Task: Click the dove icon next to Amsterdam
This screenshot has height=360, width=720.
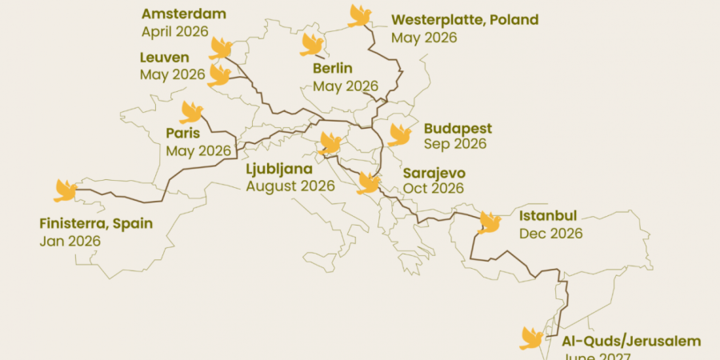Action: [x=220, y=48]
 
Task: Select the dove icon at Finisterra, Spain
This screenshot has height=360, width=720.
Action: [x=65, y=190]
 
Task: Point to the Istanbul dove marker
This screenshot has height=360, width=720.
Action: [x=489, y=222]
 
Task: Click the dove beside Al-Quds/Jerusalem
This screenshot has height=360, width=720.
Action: [x=531, y=338]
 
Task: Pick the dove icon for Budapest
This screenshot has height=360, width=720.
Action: [x=398, y=134]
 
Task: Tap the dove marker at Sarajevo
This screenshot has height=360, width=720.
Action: [x=368, y=183]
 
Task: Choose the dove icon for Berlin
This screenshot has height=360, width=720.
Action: [x=311, y=45]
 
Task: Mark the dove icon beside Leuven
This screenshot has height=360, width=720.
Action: [x=218, y=76]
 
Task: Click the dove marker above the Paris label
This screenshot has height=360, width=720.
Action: [x=191, y=112]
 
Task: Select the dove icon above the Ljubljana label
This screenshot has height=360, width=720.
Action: [x=329, y=143]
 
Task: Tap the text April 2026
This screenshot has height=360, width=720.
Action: [x=174, y=32]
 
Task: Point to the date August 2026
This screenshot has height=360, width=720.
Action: [x=290, y=186]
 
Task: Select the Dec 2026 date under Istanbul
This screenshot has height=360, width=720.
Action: [x=550, y=234]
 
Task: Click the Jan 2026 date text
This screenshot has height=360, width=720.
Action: [x=70, y=240]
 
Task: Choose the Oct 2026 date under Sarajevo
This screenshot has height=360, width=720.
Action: [x=433, y=189]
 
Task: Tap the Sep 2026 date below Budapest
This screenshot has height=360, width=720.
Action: [x=454, y=144]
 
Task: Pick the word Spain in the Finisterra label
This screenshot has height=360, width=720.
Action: [x=133, y=223]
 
